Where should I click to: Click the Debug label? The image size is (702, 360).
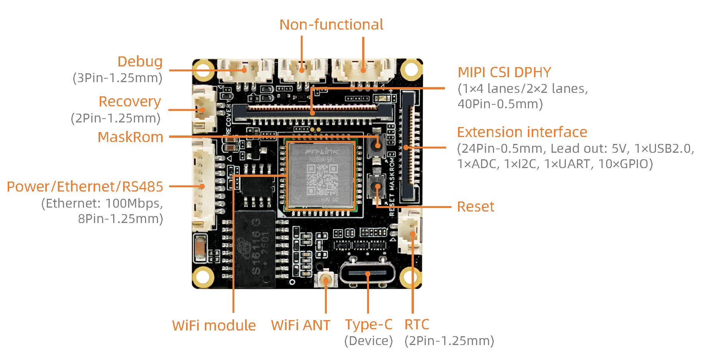click(140, 62)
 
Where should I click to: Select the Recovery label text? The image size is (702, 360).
click(130, 102)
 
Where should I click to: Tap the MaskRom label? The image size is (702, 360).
click(130, 137)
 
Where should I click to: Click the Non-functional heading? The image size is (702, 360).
click(331, 25)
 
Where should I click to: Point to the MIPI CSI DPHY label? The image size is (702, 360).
click(504, 72)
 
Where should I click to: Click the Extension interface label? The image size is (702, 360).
click(522, 132)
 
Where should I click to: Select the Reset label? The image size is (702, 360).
click(475, 207)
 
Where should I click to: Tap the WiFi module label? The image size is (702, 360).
click(214, 325)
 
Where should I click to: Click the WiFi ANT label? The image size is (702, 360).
click(300, 325)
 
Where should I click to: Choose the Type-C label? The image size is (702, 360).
click(368, 325)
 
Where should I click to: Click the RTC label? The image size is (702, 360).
click(417, 325)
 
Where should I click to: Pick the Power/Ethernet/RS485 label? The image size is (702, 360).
click(85, 187)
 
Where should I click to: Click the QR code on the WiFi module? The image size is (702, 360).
click(322, 179)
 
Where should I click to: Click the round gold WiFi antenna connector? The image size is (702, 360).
click(326, 280)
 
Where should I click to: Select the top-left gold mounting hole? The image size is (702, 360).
click(203, 69)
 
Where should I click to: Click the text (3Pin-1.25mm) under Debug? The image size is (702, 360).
click(117, 78)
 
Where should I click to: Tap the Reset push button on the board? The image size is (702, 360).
click(377, 187)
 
